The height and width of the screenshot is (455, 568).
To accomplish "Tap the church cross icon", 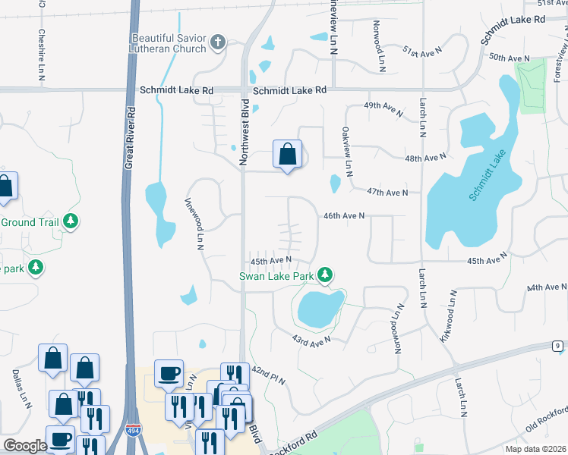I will click(x=218, y=42).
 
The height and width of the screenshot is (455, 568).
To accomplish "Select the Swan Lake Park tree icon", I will click(x=325, y=275).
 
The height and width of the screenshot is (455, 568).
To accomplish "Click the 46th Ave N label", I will click(x=344, y=216).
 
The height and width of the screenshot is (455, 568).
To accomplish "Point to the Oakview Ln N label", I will click(x=347, y=152).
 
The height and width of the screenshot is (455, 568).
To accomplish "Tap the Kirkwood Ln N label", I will click(x=448, y=316).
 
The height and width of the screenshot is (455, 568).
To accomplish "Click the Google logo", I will click(x=24, y=446).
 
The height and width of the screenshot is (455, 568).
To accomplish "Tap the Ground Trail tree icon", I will click(x=71, y=221).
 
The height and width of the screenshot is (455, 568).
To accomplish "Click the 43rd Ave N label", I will click(x=311, y=342).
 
